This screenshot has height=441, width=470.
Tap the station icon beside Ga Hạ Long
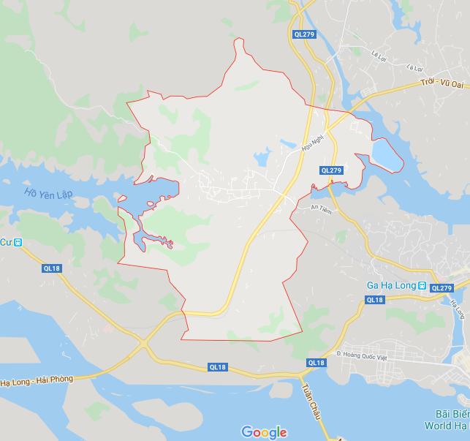click(x=422, y=285)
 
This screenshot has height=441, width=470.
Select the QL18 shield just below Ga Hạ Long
click(x=374, y=300)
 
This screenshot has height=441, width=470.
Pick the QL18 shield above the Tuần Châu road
click(x=316, y=363)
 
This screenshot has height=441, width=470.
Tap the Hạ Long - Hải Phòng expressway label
click(x=41, y=380)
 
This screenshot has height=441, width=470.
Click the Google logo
click(x=264, y=431)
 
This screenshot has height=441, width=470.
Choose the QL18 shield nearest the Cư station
click(x=52, y=268)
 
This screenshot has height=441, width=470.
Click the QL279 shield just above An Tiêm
click(x=331, y=170)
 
